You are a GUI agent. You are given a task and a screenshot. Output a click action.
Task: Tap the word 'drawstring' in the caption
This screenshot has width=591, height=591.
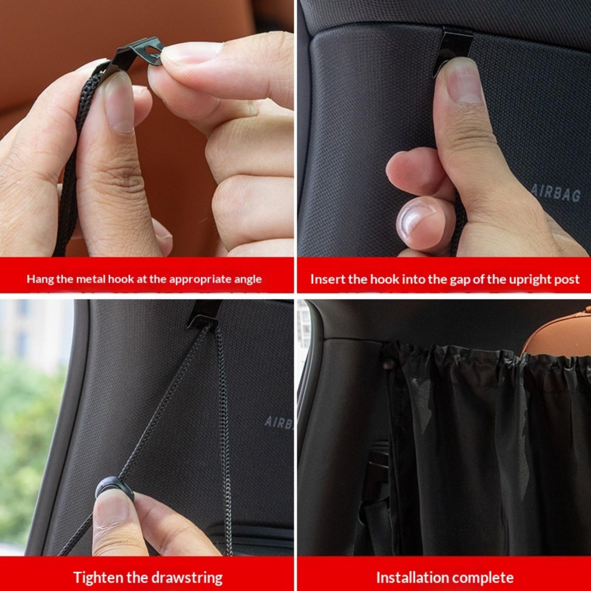[x=187, y=577]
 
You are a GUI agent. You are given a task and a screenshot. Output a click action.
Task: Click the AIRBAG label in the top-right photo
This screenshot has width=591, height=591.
[x=556, y=194]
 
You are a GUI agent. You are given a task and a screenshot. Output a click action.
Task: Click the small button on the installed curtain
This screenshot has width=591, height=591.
[x=387, y=366]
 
